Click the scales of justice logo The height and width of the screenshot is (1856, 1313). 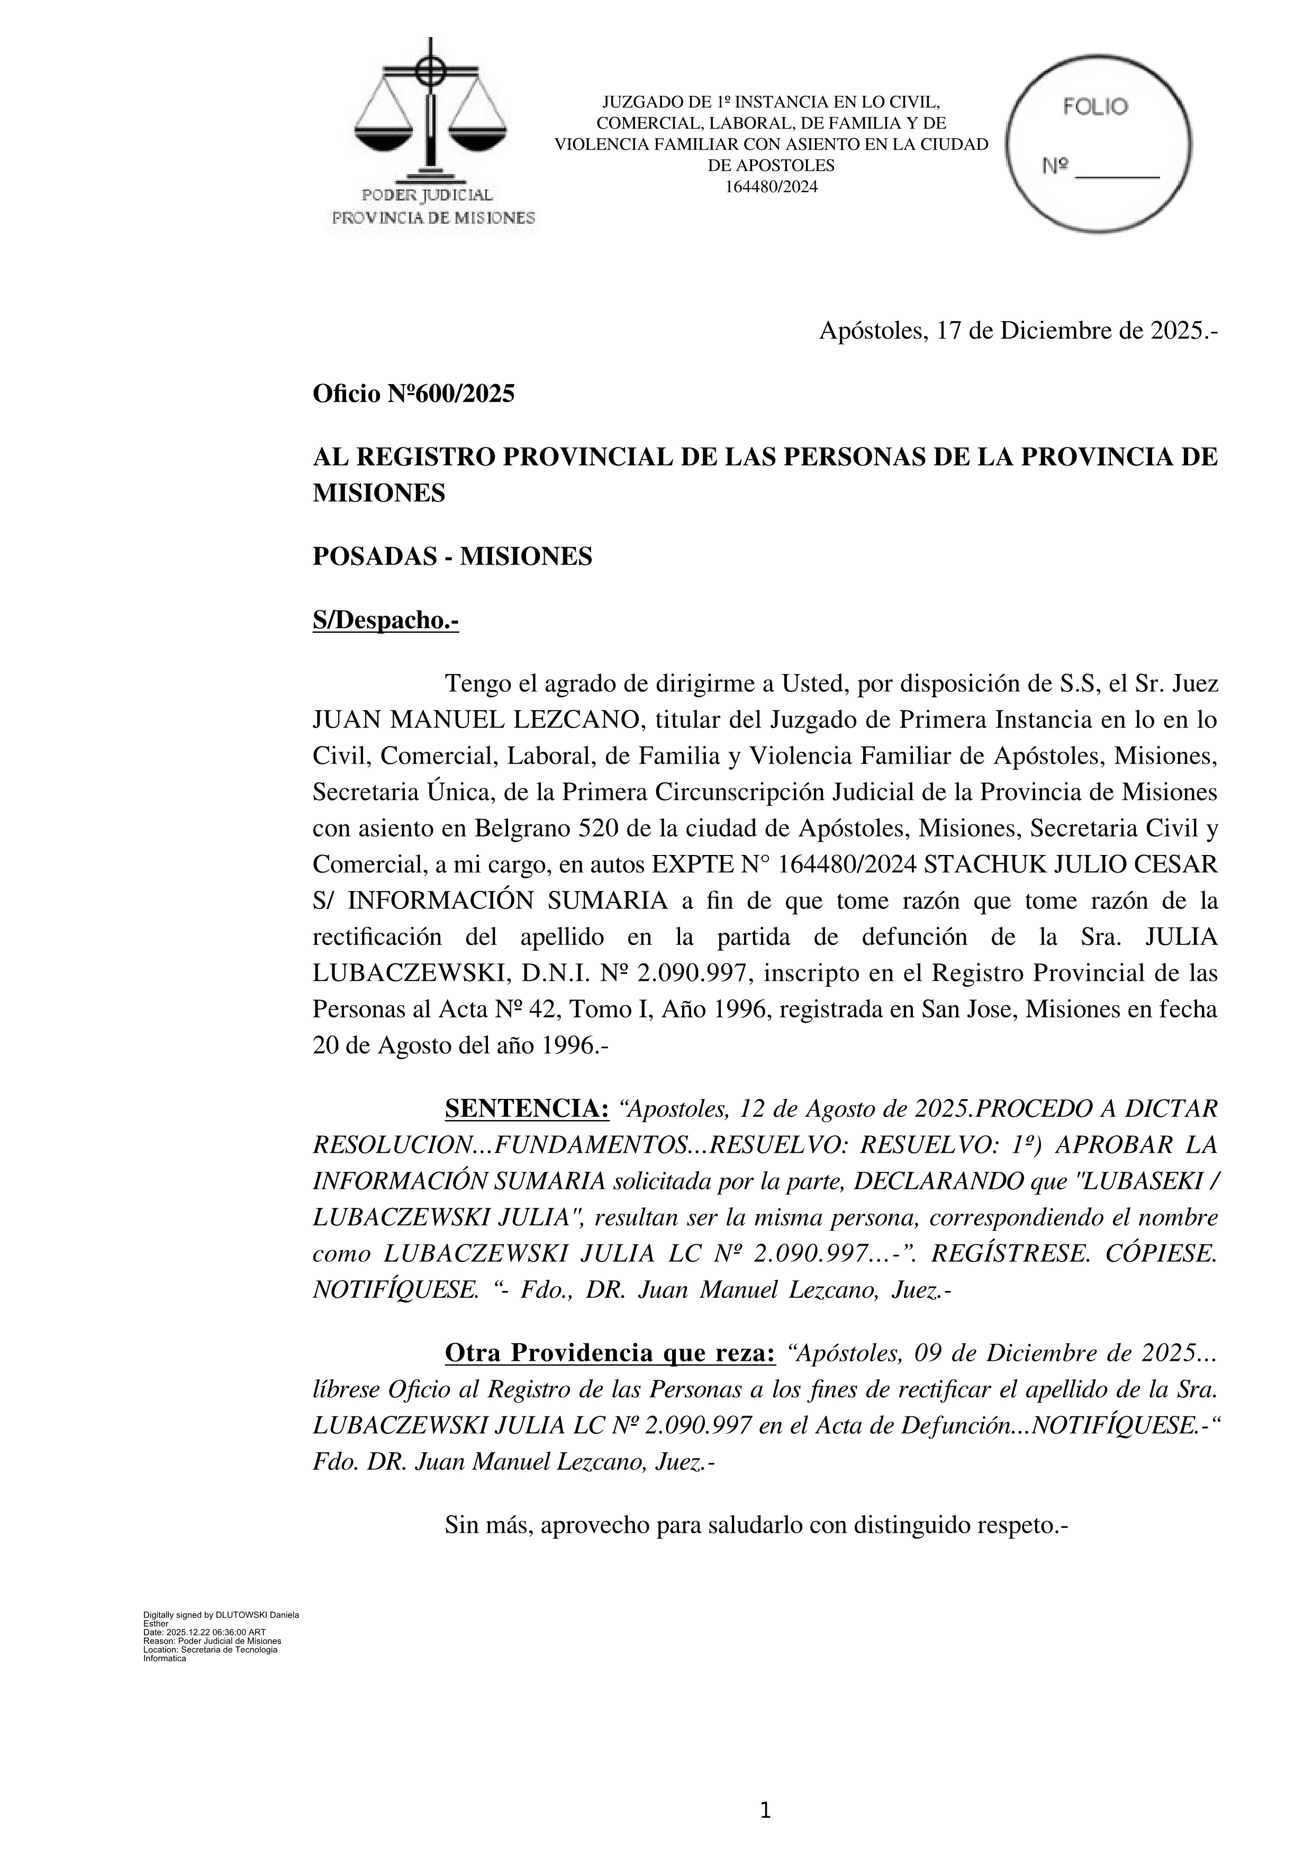coord(431,113)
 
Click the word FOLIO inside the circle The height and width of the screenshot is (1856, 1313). coord(1095,107)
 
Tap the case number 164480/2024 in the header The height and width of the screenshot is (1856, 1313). coord(771,187)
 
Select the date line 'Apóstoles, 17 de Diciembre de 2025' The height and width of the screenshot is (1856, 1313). coord(1018,331)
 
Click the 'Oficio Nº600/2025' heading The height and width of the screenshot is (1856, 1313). coord(413,395)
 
